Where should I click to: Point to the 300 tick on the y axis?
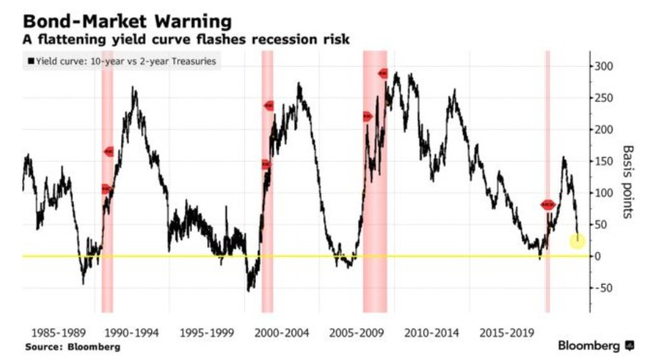[x=604, y=67]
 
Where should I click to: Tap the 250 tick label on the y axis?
[x=604, y=98]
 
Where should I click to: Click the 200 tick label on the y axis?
[x=604, y=130]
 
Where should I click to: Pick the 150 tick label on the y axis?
[x=604, y=161]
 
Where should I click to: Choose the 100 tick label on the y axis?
[x=604, y=193]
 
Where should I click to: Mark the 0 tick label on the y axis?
[x=599, y=256]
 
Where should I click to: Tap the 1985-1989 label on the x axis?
[x=59, y=333]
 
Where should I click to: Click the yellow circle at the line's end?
[x=577, y=242]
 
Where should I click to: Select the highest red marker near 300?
[x=383, y=73]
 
